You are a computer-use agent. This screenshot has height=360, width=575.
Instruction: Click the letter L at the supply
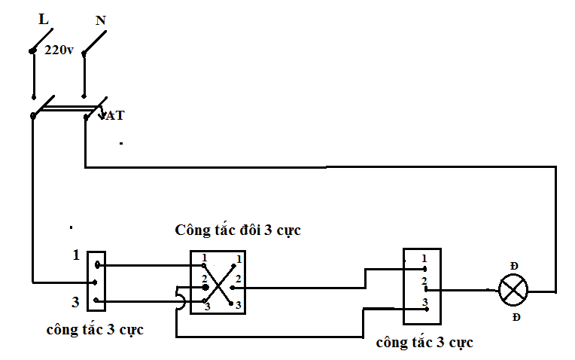(x=44, y=19)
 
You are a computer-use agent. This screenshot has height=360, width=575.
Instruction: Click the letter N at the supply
(x=101, y=20)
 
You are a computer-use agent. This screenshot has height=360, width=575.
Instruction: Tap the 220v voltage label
(x=59, y=50)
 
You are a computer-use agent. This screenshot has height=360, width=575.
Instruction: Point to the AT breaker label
(x=115, y=115)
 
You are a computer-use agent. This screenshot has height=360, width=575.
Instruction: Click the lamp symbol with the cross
(x=513, y=290)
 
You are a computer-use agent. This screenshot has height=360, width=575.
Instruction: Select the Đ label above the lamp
(x=514, y=266)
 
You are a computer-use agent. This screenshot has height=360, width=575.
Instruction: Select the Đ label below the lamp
(x=516, y=317)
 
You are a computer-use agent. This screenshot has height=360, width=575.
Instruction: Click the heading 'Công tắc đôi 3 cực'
(x=238, y=230)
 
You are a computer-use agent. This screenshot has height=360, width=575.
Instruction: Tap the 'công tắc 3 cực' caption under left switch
(x=95, y=330)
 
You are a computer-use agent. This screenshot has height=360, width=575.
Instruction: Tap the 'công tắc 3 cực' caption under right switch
(x=424, y=343)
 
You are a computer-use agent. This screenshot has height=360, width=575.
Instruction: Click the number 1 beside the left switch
(x=76, y=255)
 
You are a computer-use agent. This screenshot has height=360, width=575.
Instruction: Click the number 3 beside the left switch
(x=75, y=302)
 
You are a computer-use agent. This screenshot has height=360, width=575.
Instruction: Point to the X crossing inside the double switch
(x=218, y=285)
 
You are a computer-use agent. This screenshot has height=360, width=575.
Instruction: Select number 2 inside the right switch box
(x=424, y=281)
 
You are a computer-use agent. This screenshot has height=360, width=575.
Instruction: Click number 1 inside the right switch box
(x=424, y=258)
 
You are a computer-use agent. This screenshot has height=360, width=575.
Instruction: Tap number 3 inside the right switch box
(x=425, y=302)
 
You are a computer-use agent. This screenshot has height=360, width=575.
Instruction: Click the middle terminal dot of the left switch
(x=95, y=282)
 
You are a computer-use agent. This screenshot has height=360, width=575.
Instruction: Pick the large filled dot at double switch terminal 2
(x=205, y=287)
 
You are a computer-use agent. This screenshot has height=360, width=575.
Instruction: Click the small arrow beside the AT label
(x=102, y=114)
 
